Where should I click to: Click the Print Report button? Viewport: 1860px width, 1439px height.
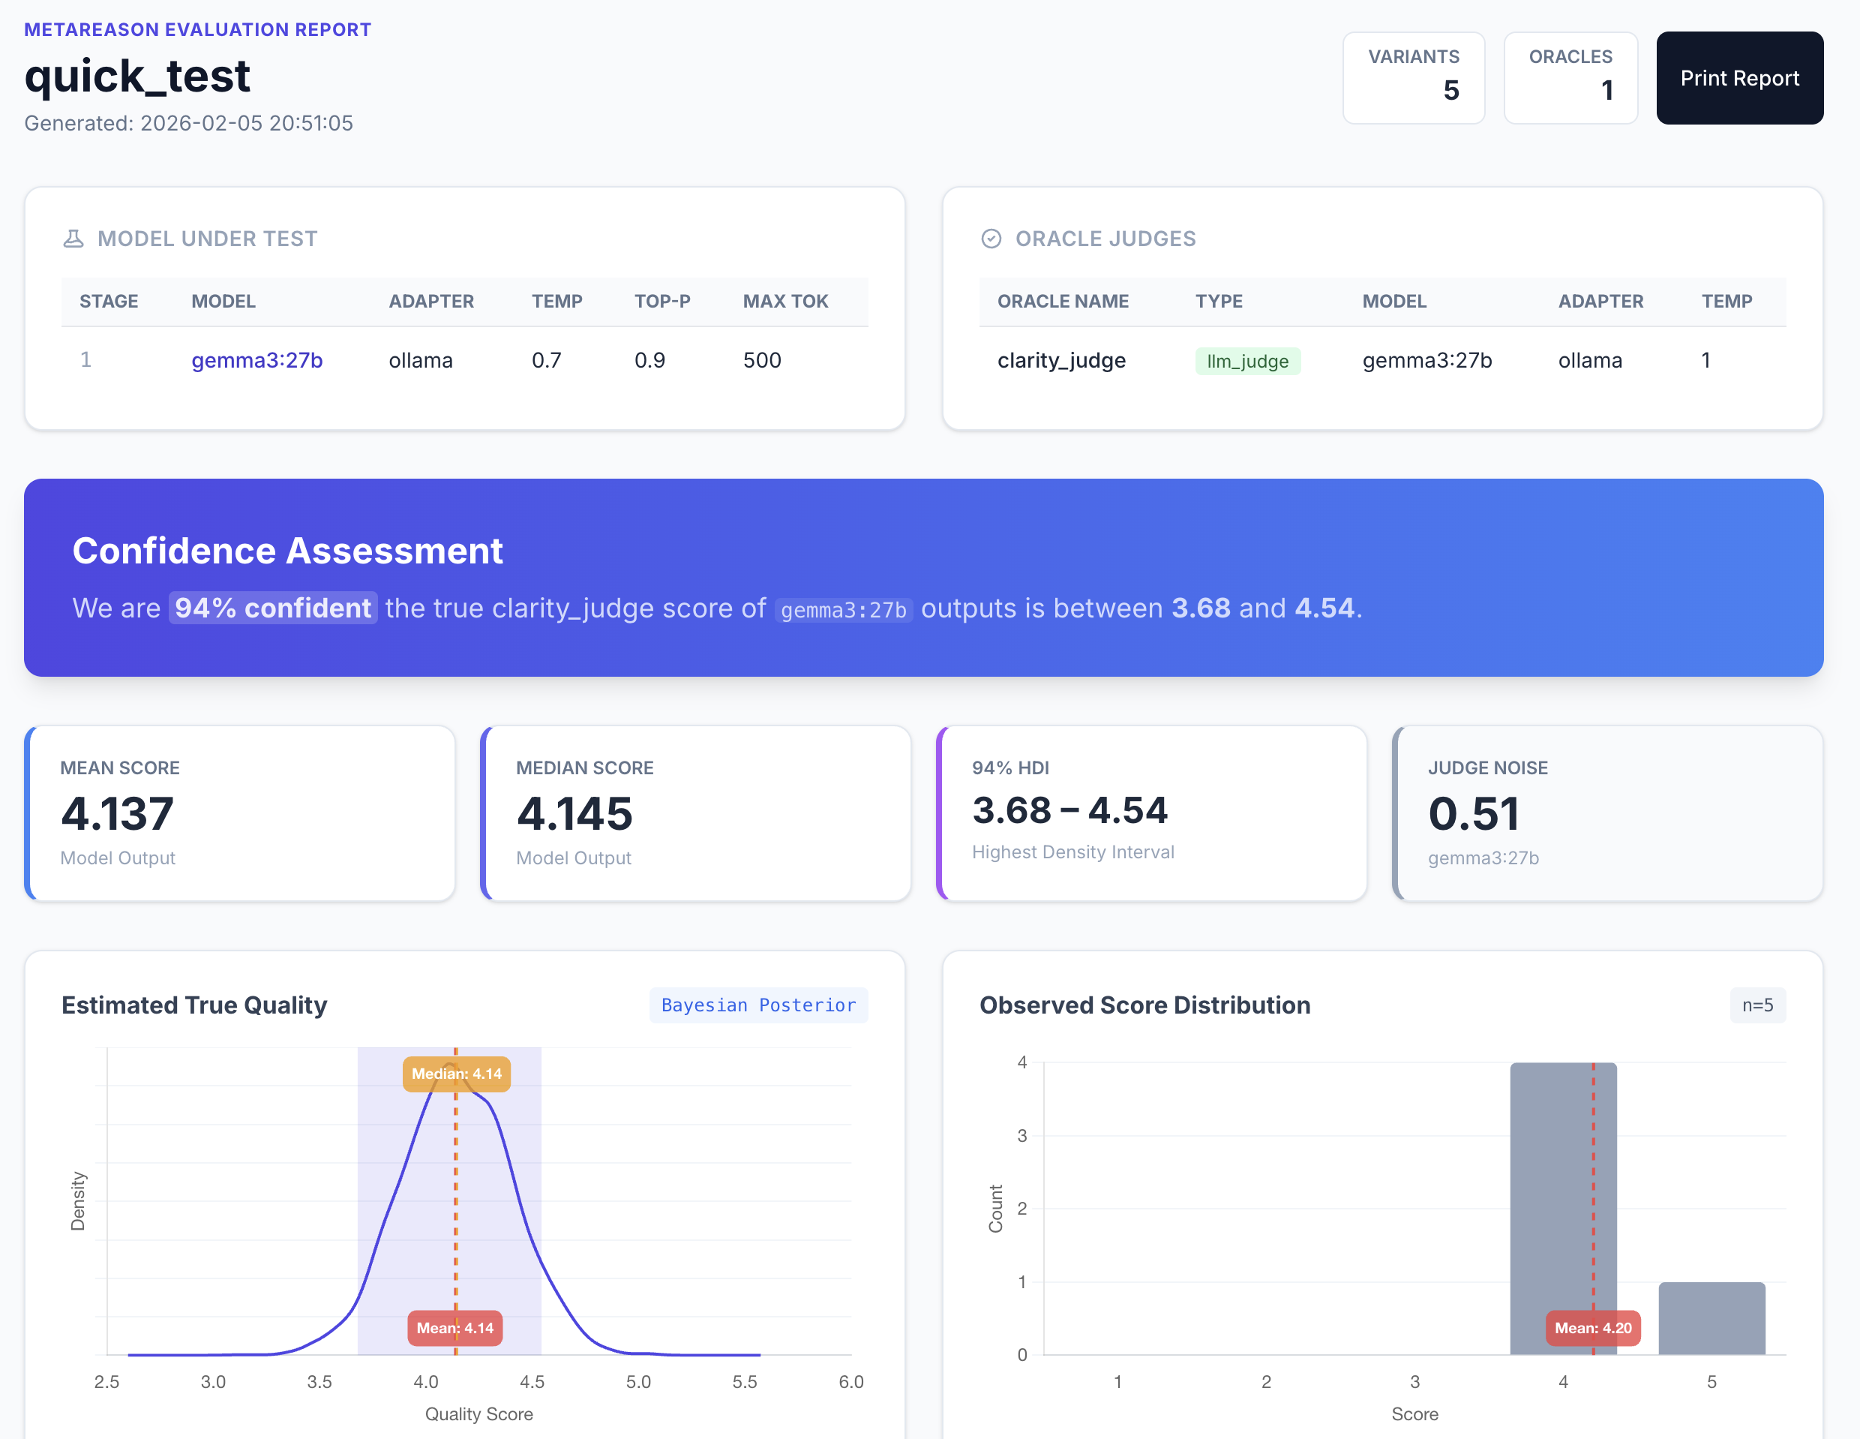(1739, 78)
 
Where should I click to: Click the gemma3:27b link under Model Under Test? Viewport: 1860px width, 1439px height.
(256, 360)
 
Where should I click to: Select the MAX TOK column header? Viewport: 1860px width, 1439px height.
(784, 302)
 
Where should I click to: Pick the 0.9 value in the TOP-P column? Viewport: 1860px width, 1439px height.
(649, 360)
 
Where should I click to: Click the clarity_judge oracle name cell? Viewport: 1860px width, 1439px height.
(1061, 360)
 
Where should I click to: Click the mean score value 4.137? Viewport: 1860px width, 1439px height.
(118, 813)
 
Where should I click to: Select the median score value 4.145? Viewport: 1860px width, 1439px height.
(574, 813)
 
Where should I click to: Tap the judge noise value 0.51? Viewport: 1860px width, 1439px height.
(1473, 813)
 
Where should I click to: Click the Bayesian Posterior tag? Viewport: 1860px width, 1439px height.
(758, 1005)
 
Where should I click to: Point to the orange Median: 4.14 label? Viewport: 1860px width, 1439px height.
(457, 1074)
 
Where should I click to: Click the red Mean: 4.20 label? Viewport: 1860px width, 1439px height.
(1592, 1328)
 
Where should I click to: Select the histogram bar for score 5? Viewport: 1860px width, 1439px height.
(1711, 1318)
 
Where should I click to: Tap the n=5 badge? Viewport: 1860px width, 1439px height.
(1757, 1005)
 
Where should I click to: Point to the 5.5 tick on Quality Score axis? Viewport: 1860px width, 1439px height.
(744, 1382)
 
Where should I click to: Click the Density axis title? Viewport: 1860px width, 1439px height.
(77, 1201)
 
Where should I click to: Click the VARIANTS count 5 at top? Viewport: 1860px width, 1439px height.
(1450, 90)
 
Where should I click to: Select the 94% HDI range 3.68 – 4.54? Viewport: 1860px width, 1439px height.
(1069, 810)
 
